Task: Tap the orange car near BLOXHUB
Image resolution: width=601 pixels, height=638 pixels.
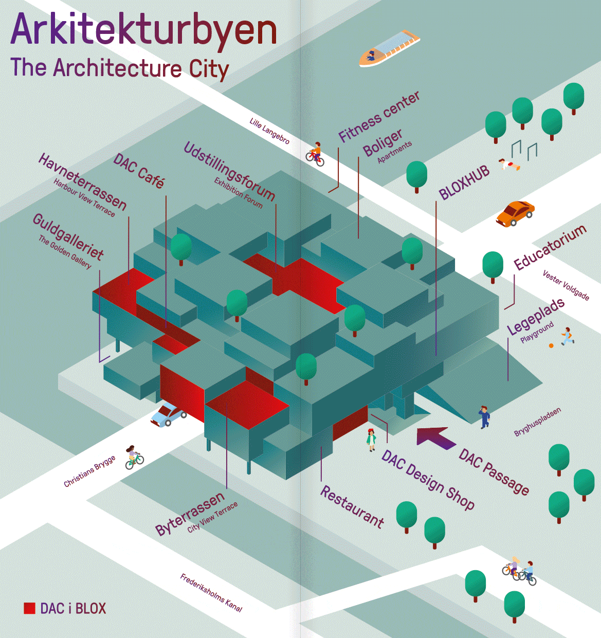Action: [x=515, y=213]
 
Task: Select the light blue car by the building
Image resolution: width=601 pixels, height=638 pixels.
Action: [x=168, y=414]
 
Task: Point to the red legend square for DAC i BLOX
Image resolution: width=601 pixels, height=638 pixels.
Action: [x=29, y=608]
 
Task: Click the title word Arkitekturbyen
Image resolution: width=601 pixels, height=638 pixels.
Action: [x=143, y=29]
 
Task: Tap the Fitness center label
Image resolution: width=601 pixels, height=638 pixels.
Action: [x=379, y=117]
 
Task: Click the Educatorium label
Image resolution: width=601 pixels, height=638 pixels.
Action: [x=550, y=247]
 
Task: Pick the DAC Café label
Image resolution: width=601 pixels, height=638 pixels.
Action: [x=139, y=170]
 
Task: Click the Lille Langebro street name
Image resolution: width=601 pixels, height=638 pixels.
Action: [x=269, y=131]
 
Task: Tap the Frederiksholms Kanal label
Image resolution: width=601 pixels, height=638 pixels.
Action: [x=211, y=593]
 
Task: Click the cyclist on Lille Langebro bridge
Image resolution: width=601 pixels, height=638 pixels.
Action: [x=315, y=154]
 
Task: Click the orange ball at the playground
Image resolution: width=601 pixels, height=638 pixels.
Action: [x=551, y=345]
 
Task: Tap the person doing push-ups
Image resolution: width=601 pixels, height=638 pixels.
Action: [x=509, y=165]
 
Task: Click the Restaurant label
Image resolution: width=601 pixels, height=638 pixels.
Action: [x=352, y=507]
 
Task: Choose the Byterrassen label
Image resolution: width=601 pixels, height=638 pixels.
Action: [x=190, y=513]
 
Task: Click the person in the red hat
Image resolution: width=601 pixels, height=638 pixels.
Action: [x=371, y=440]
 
